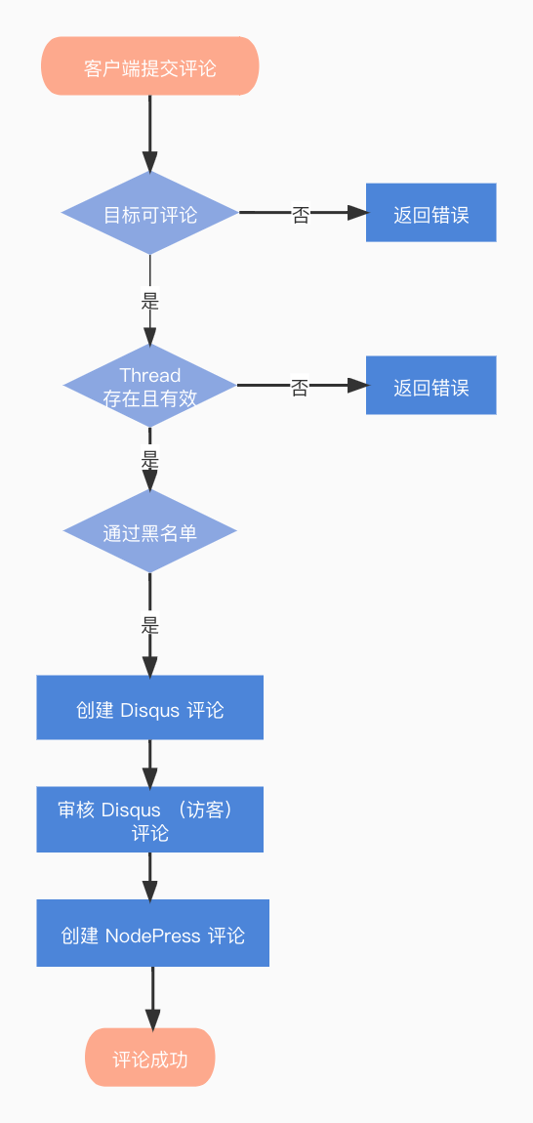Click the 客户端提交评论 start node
pos(149,66)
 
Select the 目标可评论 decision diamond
pos(149,213)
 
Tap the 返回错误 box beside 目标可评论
pos(430,213)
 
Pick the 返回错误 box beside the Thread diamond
pos(430,386)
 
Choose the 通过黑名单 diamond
pos(149,531)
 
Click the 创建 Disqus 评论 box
pos(149,708)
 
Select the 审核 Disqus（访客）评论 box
pos(149,819)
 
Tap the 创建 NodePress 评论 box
pos(152,934)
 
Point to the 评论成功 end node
pos(149,1058)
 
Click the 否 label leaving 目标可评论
pos(301,215)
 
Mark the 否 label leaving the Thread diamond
pos(300,388)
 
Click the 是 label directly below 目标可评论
pos(149,302)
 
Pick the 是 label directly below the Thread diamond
pos(149,459)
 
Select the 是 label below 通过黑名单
pos(149,625)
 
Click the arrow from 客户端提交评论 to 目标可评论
pos(149,133)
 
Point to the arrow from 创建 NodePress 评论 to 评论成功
pos(152,998)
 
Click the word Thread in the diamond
pos(149,375)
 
